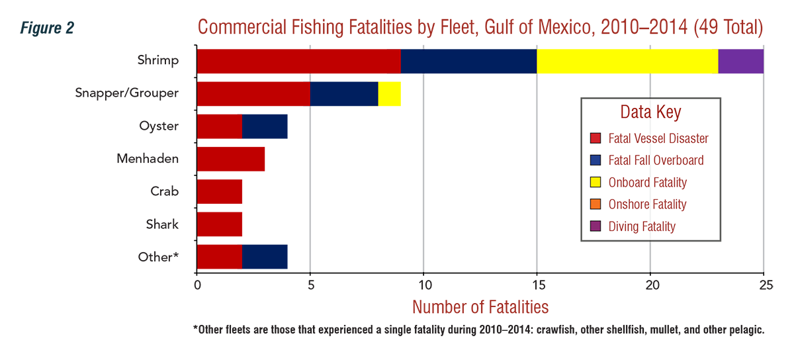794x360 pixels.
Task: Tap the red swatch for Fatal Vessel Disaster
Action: tap(595, 138)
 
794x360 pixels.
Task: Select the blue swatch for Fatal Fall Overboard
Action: tap(595, 160)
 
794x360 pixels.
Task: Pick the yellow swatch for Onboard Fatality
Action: tap(595, 183)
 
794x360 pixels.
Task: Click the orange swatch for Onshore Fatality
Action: tap(595, 204)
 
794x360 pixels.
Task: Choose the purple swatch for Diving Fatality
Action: tap(595, 226)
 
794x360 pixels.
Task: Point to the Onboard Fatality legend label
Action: tap(648, 183)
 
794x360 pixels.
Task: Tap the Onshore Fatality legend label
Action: tap(647, 204)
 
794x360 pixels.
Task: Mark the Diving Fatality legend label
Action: tap(642, 226)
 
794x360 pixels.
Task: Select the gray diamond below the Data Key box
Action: tap(651, 252)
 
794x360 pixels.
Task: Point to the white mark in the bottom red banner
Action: tap(502, 297)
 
